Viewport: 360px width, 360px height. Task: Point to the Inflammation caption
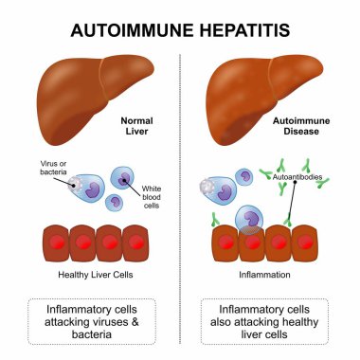point(265,276)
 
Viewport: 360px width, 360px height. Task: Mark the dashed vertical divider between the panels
point(180,189)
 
